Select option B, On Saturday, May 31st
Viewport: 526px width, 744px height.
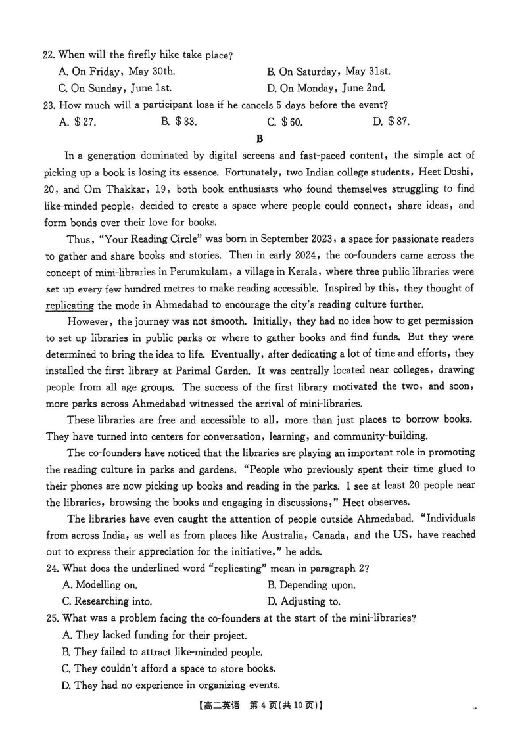[x=328, y=72]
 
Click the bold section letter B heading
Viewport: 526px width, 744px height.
[x=260, y=138]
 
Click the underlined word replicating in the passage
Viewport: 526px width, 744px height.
[x=70, y=304]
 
